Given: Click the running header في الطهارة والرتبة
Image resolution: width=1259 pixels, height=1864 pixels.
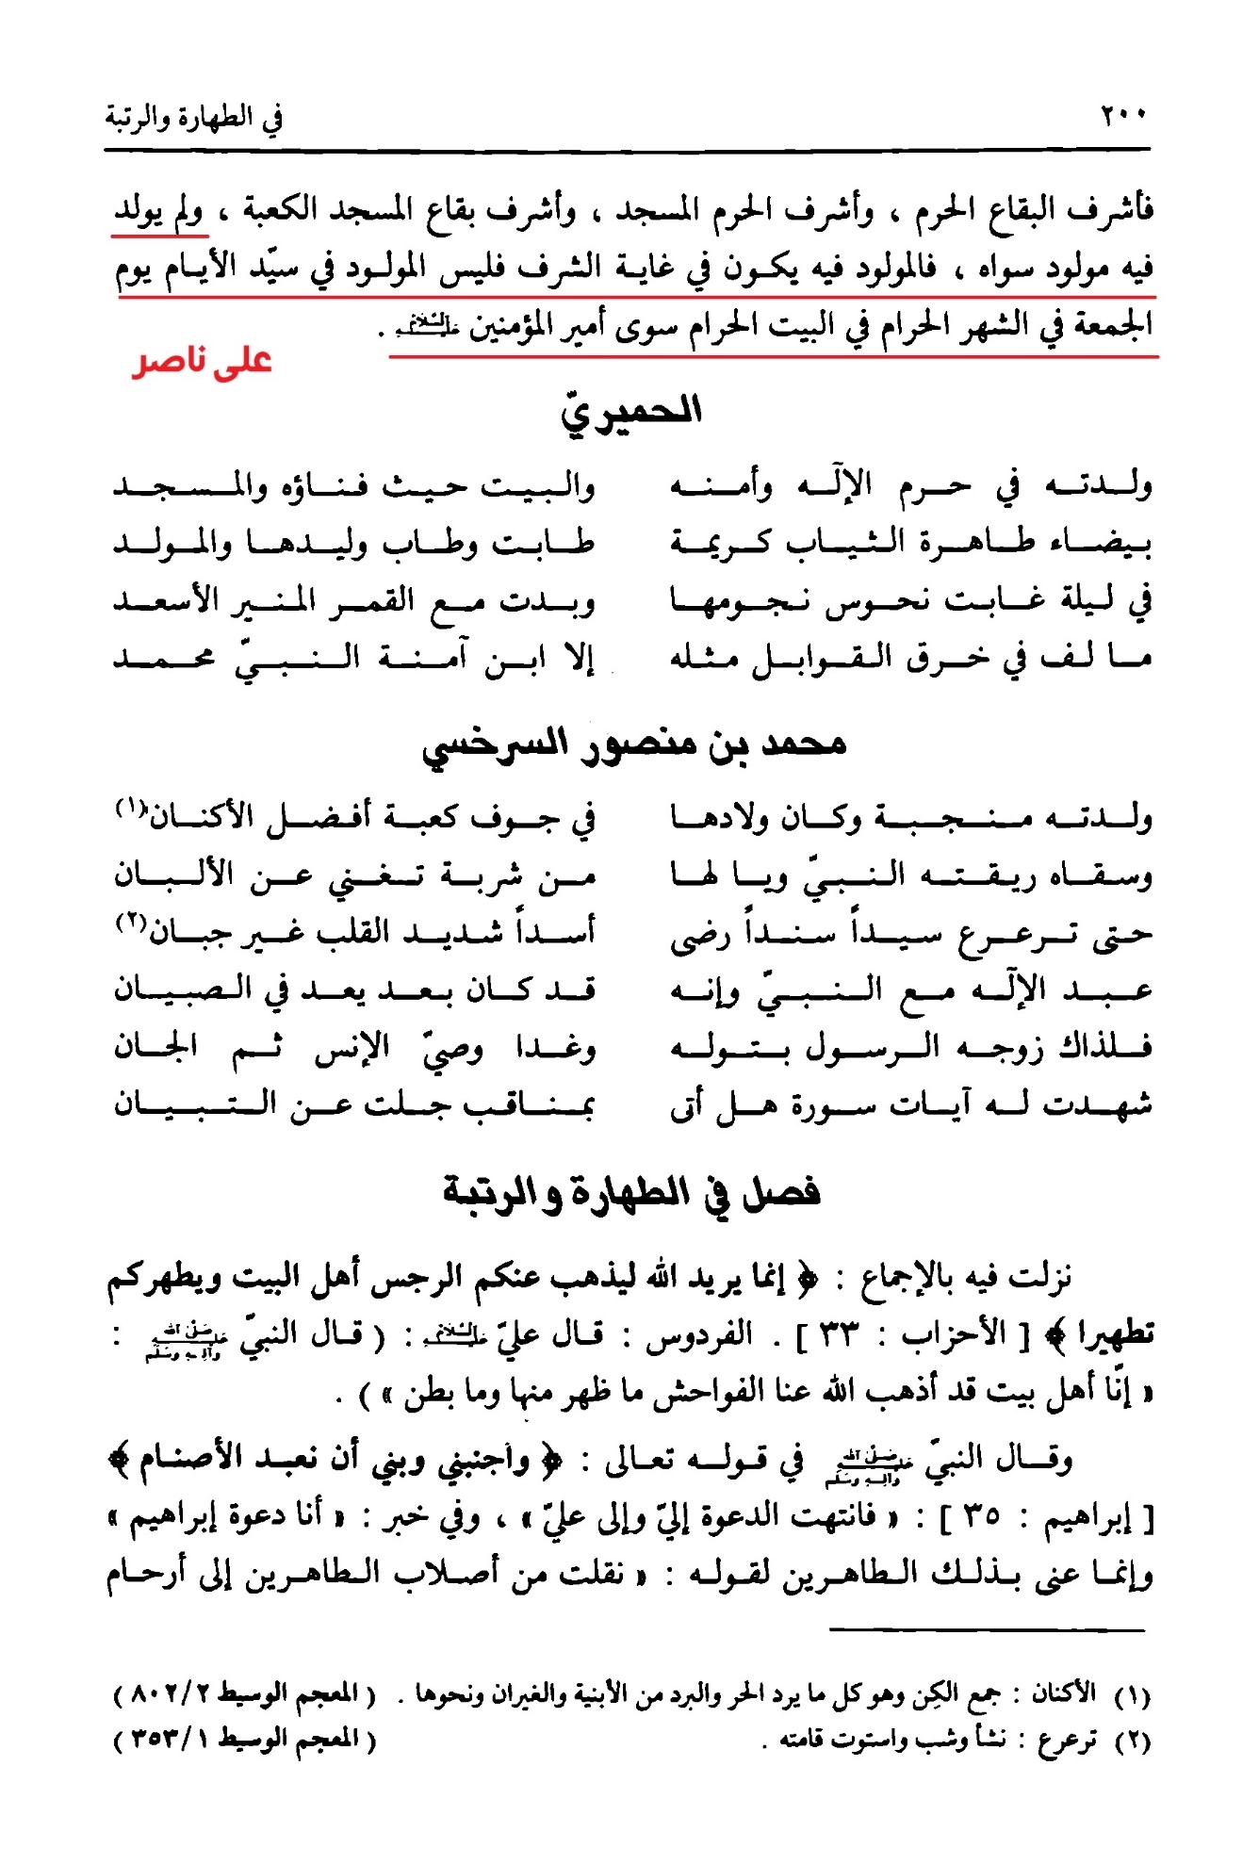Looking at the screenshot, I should click(193, 118).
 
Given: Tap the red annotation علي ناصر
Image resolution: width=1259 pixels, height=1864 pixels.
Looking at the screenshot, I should click(202, 361).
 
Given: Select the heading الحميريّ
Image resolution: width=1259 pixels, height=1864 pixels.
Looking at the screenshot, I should click(630, 412).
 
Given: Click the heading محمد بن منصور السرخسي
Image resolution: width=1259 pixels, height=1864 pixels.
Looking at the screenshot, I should click(633, 744).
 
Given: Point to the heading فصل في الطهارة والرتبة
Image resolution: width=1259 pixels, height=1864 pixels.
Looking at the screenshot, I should click(631, 1193).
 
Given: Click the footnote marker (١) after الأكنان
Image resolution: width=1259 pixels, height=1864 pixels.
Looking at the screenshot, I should click(131, 807).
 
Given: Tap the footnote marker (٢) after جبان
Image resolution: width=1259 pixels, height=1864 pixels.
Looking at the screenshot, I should click(131, 923).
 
